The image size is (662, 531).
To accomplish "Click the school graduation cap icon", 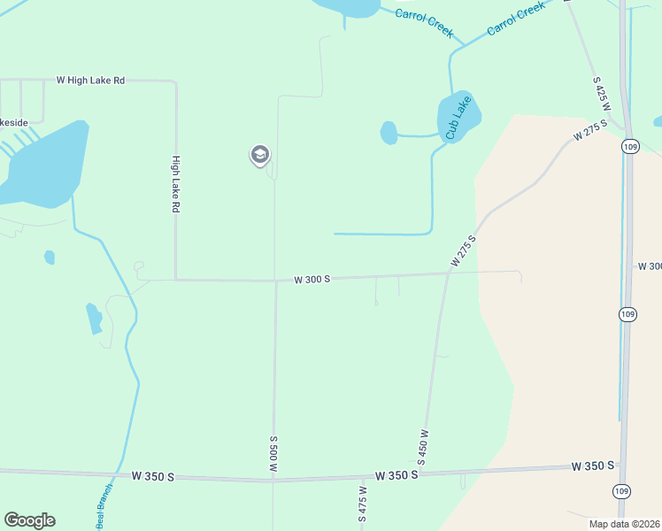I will click(259, 156).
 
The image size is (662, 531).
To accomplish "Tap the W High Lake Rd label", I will click(90, 80).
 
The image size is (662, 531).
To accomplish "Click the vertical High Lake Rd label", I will click(176, 184).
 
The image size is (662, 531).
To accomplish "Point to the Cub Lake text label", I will click(458, 118).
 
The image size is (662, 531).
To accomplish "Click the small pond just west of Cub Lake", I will click(389, 133).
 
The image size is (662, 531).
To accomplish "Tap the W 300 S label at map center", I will click(312, 279).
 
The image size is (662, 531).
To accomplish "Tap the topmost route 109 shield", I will click(629, 146).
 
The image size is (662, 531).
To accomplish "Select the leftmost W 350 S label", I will click(152, 476).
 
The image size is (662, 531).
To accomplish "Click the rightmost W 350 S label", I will click(593, 466).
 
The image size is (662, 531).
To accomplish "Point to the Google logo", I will click(29, 520).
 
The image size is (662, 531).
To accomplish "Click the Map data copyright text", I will click(624, 524).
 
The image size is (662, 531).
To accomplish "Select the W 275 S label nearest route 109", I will click(591, 130).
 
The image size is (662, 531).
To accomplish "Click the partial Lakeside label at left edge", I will click(14, 122).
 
